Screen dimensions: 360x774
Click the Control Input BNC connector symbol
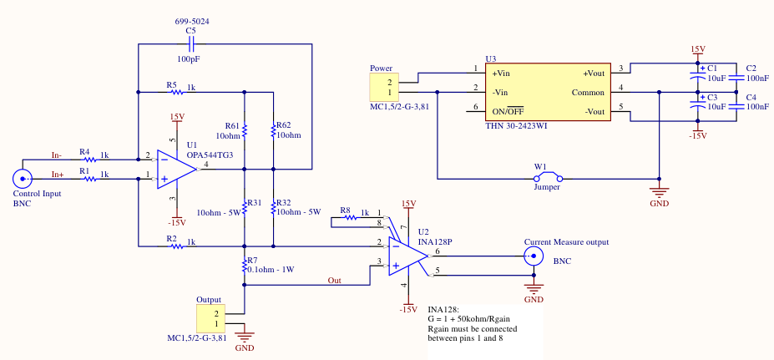point(22,178)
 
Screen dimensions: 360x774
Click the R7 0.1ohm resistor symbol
point(244,266)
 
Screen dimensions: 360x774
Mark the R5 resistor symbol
point(170,90)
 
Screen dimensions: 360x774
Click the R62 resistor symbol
point(273,130)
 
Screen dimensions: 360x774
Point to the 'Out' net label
point(334,280)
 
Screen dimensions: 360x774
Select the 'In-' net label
point(57,155)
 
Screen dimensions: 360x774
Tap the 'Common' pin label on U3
point(588,92)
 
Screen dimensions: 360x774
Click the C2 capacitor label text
point(751,68)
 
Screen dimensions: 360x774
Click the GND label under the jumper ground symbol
point(660,203)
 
